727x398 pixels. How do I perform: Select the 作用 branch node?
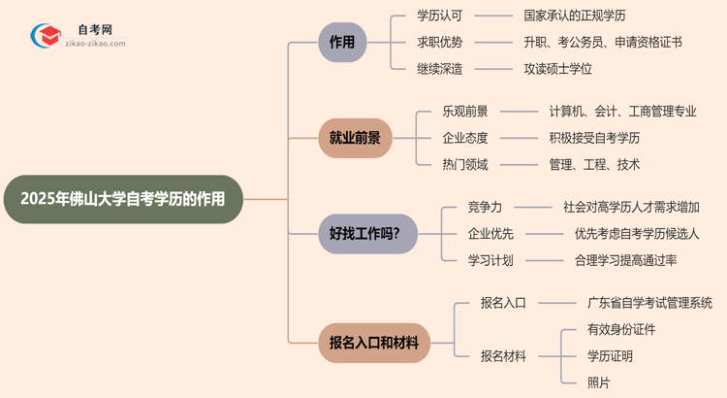point(342,43)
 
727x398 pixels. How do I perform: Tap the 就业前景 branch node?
point(355,138)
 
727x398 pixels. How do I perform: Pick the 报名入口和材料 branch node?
point(374,343)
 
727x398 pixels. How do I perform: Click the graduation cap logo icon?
point(46,37)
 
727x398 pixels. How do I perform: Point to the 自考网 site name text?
point(94,30)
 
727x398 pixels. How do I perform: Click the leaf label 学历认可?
point(439,17)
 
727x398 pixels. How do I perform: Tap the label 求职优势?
point(439,43)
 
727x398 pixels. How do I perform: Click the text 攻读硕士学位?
point(557,69)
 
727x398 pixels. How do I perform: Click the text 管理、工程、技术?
point(594,164)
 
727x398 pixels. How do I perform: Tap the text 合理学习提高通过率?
point(625,260)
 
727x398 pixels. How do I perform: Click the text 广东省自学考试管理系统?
point(649,303)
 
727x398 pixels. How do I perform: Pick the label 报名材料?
point(504,356)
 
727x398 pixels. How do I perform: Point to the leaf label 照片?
point(599,382)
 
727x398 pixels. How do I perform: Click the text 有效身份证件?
point(621,329)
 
